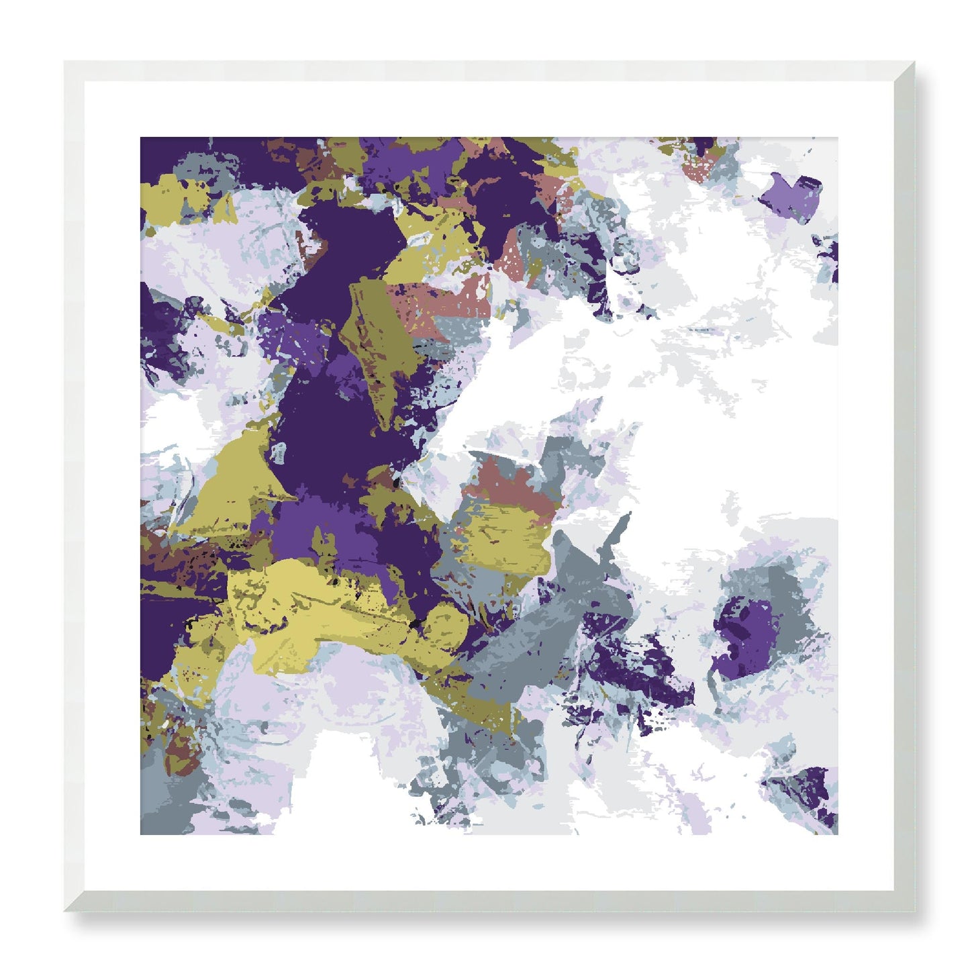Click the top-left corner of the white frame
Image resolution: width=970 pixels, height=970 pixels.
(65, 62)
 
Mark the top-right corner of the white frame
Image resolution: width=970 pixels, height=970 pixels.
(914, 62)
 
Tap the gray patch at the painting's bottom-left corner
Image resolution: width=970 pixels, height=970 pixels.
(164, 806)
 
